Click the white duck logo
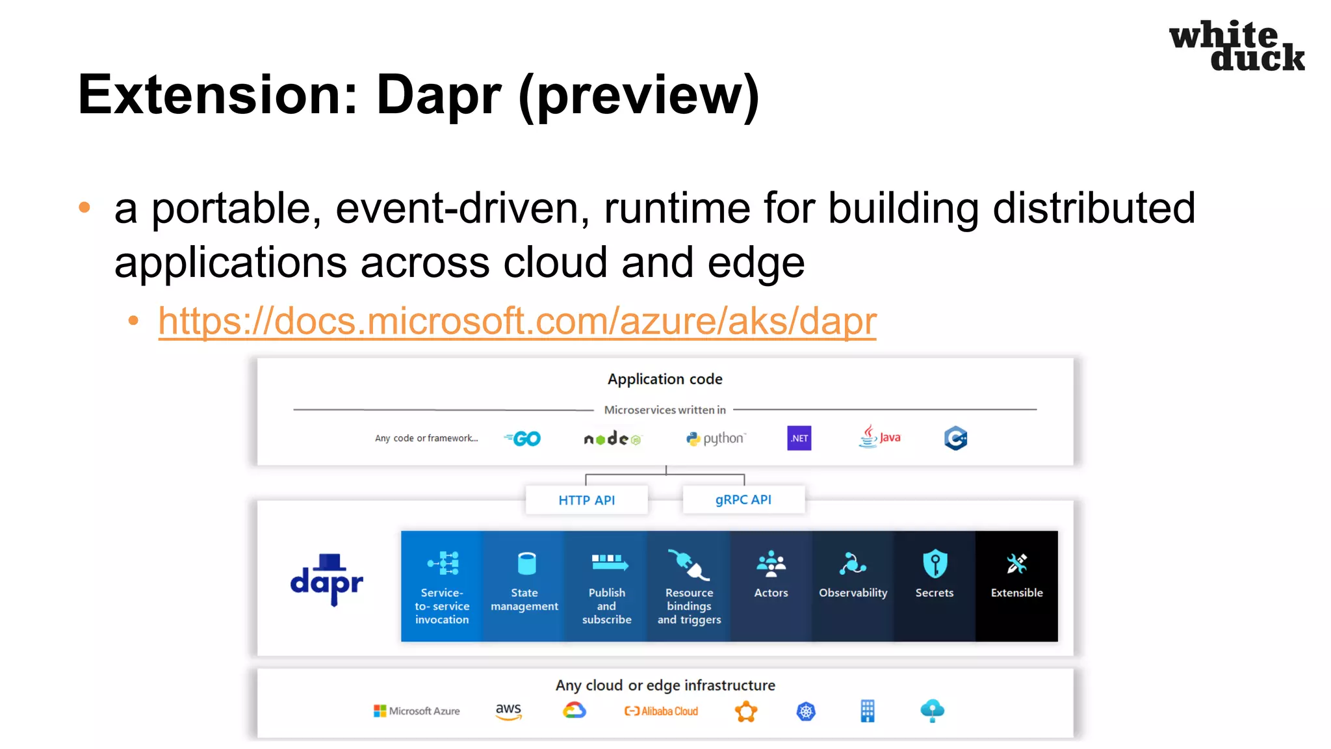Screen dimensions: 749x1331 (x=1236, y=46)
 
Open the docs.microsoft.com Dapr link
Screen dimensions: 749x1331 (x=517, y=321)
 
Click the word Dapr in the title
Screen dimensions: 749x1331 (x=439, y=95)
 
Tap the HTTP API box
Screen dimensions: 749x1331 (x=586, y=500)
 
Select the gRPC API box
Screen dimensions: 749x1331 (x=743, y=499)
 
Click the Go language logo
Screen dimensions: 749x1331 (x=523, y=439)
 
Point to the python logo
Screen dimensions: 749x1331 (x=716, y=439)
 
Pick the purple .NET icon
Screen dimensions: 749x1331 (x=799, y=438)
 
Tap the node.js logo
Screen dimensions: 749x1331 (x=612, y=440)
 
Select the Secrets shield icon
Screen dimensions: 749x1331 (x=935, y=563)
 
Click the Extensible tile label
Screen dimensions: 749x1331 (x=1016, y=593)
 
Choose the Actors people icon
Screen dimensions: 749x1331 (x=771, y=564)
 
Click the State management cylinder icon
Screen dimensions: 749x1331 (x=526, y=563)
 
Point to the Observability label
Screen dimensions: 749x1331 (x=853, y=593)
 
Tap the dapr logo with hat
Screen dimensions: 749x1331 (x=327, y=580)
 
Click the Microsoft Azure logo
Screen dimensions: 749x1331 (x=417, y=711)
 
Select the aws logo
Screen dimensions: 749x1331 (x=508, y=711)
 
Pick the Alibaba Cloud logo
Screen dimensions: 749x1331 (x=661, y=711)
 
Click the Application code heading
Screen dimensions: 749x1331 (x=665, y=379)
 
